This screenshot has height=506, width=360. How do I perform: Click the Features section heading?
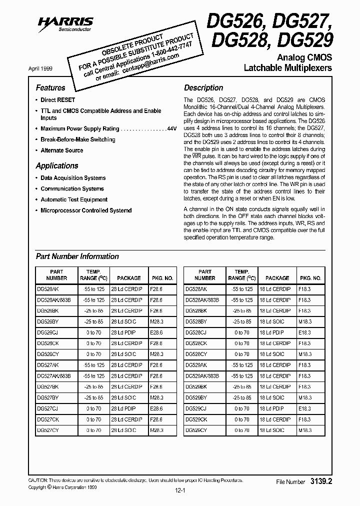[50, 87]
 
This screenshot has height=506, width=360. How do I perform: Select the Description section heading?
[203, 87]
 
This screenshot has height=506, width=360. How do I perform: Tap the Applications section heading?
[57, 166]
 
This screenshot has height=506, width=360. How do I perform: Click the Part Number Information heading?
[77, 256]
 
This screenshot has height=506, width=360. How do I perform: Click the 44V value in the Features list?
[172, 129]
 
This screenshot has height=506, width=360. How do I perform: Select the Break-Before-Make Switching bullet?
[78, 140]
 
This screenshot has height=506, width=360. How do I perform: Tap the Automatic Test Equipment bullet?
[74, 200]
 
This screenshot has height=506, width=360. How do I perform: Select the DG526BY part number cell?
[47, 322]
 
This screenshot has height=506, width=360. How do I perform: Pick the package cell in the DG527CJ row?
[123, 408]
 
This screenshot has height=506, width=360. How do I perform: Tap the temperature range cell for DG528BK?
[241, 311]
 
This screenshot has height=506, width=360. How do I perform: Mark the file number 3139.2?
[321, 481]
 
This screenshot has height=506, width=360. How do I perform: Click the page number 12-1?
[179, 491]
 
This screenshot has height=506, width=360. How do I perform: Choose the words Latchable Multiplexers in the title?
[287, 67]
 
